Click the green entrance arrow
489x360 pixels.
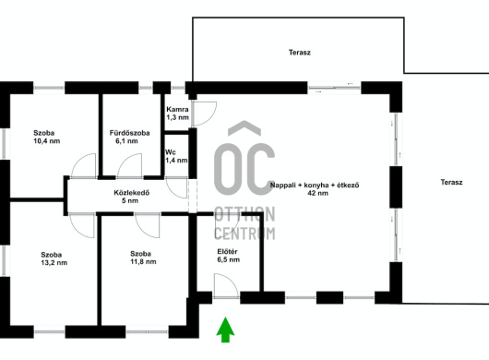pos(225,330)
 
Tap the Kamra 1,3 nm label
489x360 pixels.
pos(177,114)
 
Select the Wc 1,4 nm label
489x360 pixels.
pos(176,156)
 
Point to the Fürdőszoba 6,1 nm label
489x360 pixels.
pos(129,137)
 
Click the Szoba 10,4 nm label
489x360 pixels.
pos(47,137)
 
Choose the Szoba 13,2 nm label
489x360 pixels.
pos(54,258)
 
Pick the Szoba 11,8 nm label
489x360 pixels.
pos(143,258)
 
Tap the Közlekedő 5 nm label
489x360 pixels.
pos(131,197)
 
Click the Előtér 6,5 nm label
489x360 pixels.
pos(228,256)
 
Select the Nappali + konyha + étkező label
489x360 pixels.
pos(315,185)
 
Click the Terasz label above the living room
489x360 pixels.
pos(299,53)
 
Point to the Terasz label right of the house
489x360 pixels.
pos(451,182)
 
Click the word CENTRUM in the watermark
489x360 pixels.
pos(244,233)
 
